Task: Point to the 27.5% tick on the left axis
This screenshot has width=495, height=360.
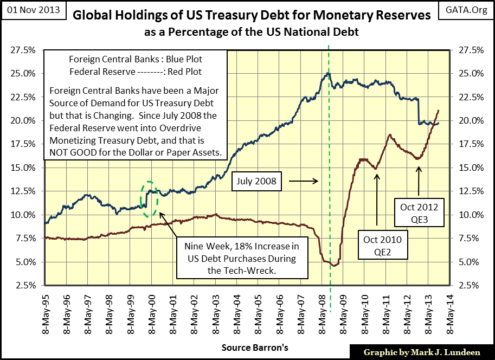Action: click(23, 50)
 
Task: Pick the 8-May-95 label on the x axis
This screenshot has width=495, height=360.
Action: click(47, 311)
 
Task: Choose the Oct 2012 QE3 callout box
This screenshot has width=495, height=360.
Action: click(419, 213)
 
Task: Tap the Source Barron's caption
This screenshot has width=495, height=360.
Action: click(248, 346)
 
